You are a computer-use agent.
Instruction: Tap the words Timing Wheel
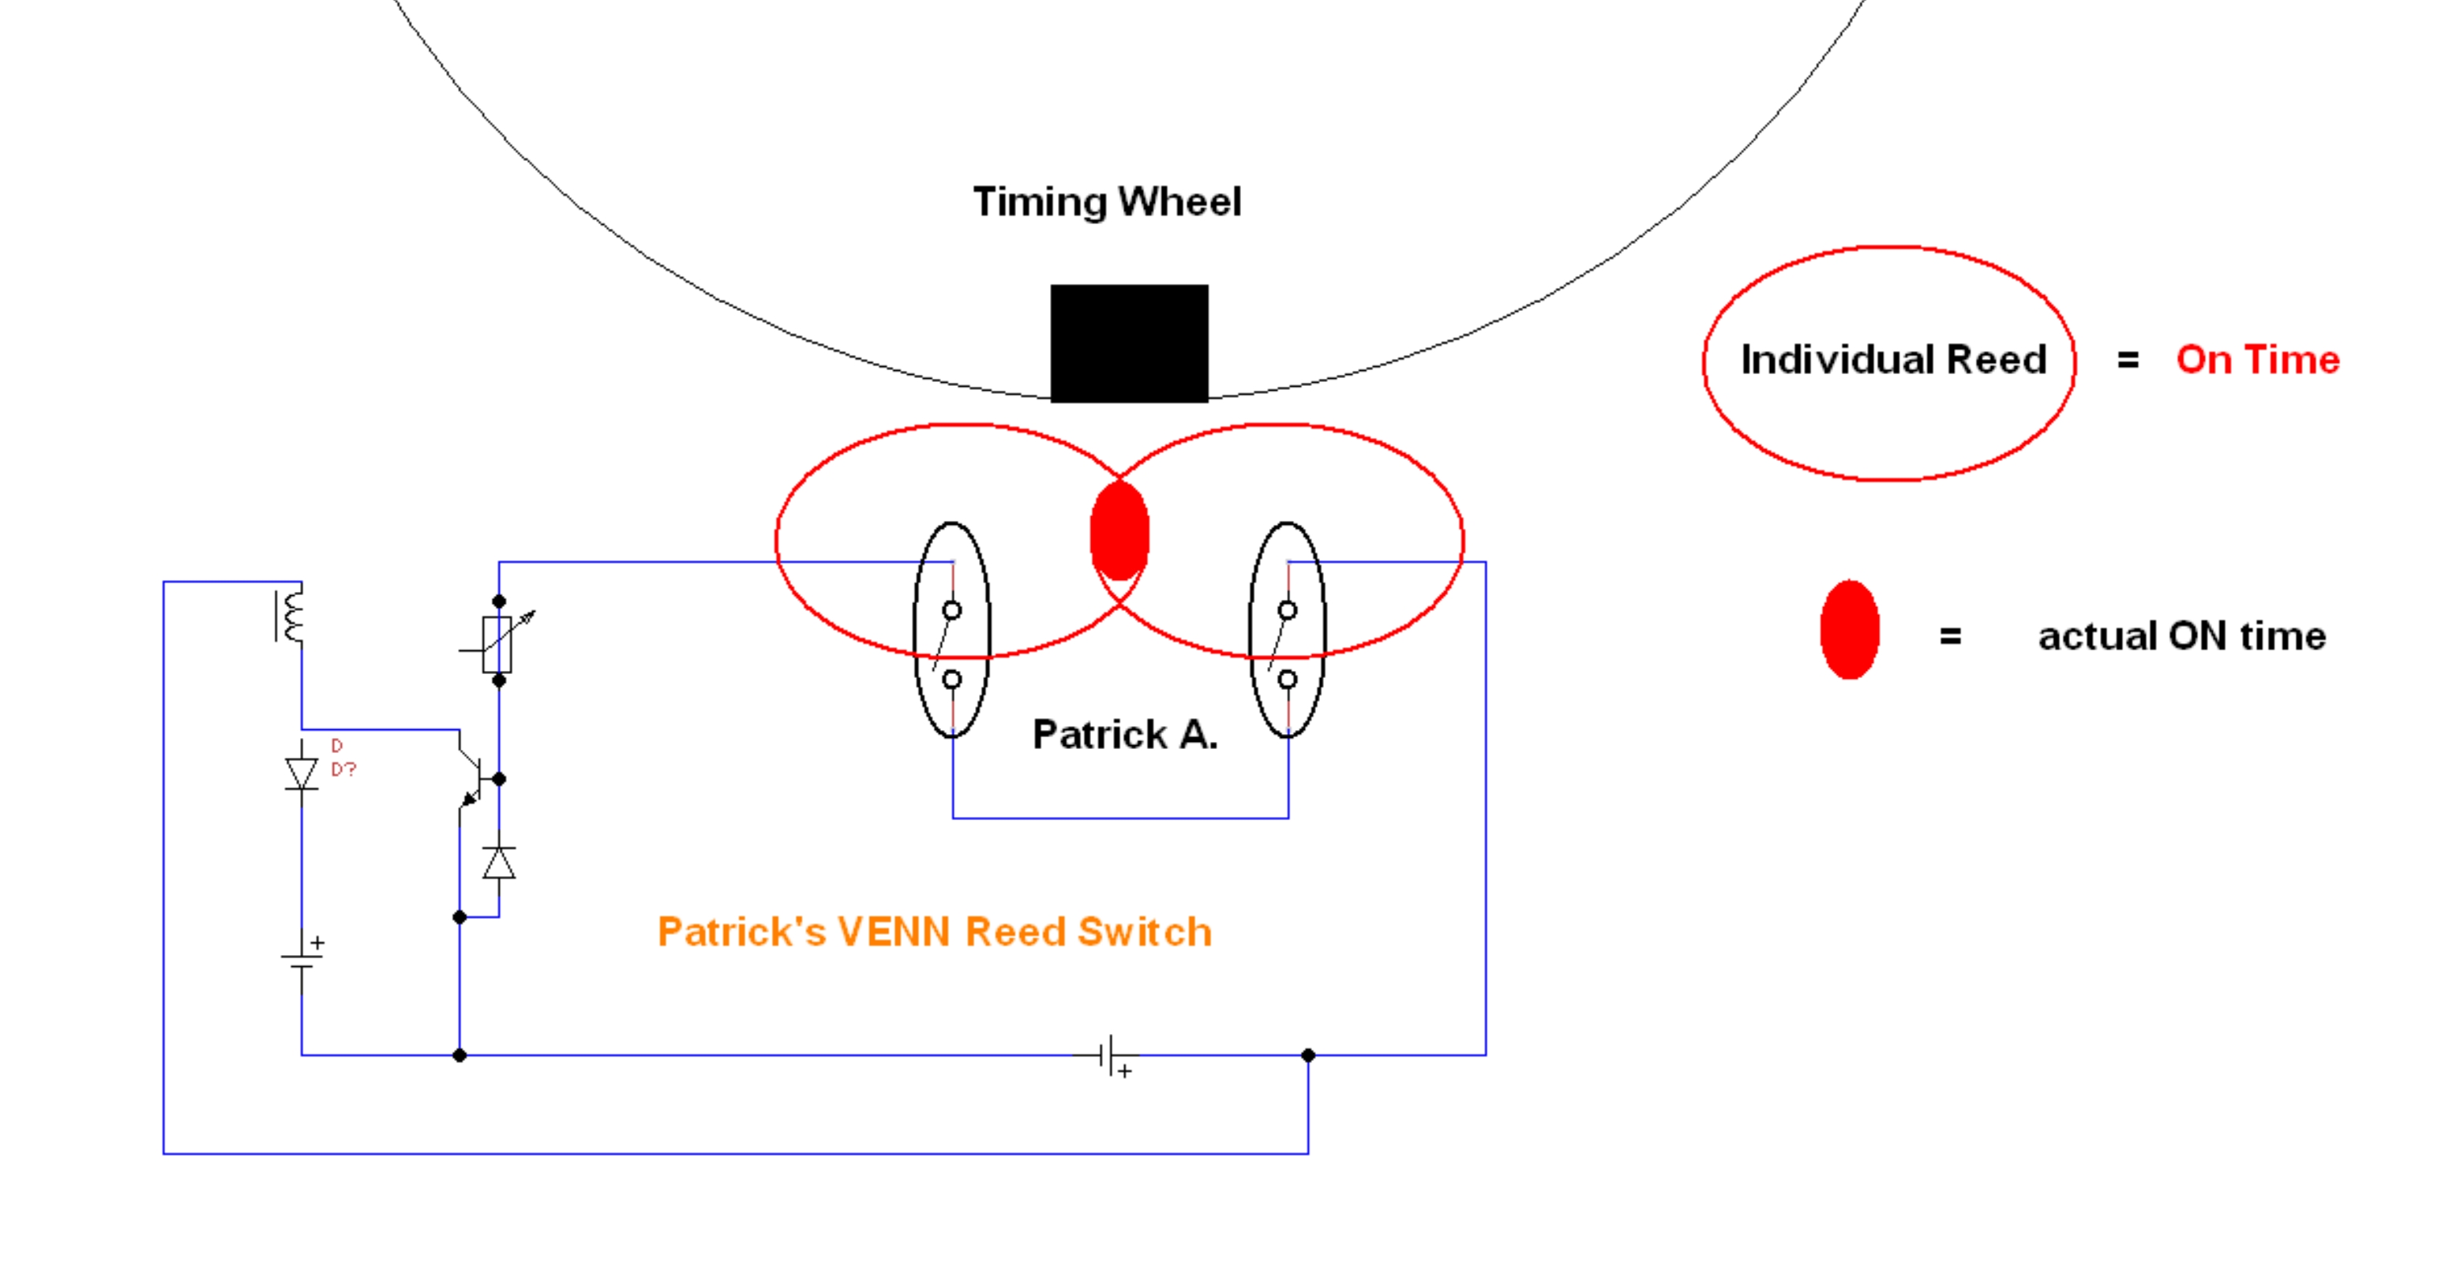coord(1107,202)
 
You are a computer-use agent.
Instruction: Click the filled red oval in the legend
coord(1849,630)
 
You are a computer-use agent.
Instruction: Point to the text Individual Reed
coord(1893,360)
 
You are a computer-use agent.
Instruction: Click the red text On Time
coord(2258,360)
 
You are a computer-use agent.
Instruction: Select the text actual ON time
coord(2182,635)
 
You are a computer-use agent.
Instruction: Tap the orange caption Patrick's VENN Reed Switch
coord(935,932)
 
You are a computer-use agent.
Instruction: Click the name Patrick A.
coord(1125,735)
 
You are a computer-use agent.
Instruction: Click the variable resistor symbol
coord(498,642)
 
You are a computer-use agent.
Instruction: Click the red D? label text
coord(343,758)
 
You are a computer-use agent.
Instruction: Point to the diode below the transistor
coord(499,863)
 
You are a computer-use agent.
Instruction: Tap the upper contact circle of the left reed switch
coord(952,610)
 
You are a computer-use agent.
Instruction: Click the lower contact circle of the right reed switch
coord(1287,680)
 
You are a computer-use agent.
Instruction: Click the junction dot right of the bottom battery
coord(1308,1055)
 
